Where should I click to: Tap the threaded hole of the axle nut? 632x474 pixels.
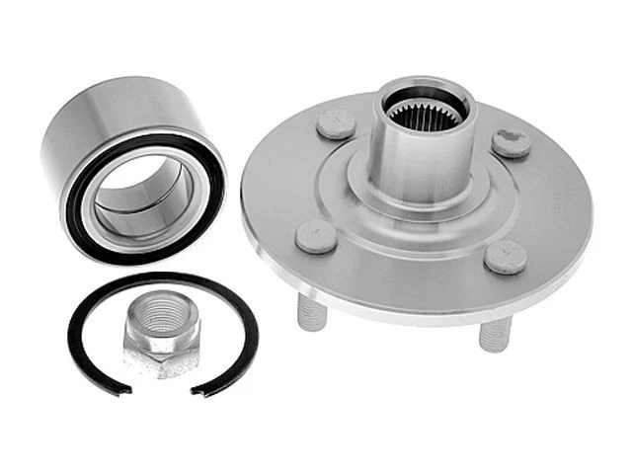coord(162,321)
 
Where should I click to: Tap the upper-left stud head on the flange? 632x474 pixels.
coord(336,124)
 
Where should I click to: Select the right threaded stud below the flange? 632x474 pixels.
coord(494,334)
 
